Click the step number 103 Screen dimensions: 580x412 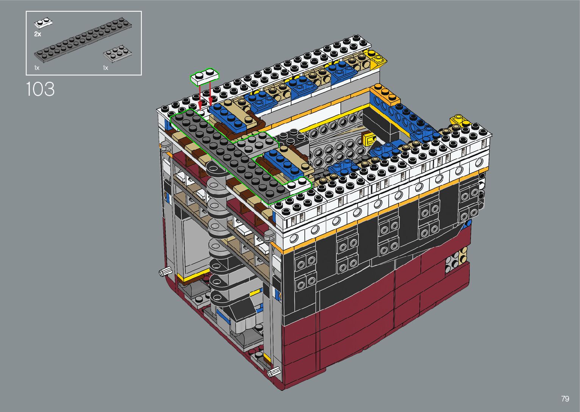[x=41, y=89]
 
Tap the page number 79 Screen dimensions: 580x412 [x=565, y=398]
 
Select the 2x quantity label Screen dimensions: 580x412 [x=38, y=34]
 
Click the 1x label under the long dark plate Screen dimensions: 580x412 [x=37, y=68]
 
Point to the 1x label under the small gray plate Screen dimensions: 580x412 [x=105, y=68]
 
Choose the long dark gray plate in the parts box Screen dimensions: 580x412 [x=83, y=40]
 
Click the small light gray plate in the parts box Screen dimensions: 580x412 [x=117, y=54]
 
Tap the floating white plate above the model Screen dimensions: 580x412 [x=205, y=76]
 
